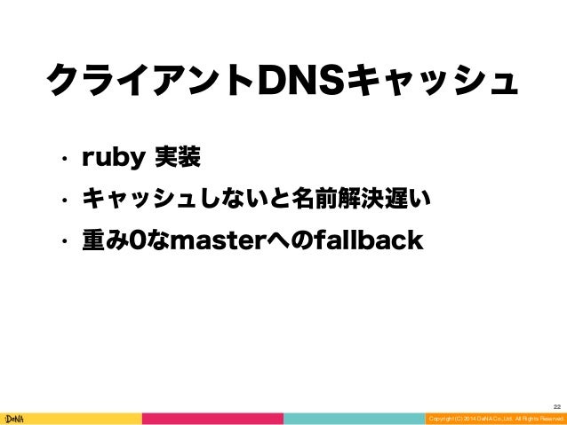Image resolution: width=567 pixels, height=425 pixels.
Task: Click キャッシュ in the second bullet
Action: (139, 201)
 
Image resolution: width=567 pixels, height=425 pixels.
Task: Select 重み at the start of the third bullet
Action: (105, 241)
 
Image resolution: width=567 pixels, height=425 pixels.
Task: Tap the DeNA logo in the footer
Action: (17, 417)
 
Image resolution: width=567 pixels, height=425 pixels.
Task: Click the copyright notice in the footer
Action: (494, 418)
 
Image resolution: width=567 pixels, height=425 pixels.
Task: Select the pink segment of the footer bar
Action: (212, 418)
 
